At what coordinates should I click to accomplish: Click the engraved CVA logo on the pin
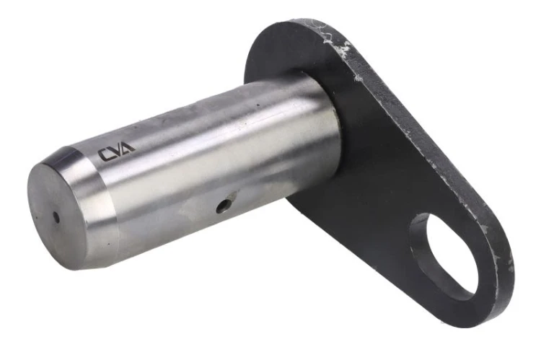click(117, 152)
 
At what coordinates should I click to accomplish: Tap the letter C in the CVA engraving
click(105, 155)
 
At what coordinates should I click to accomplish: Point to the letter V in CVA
click(117, 151)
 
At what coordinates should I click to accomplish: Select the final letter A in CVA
click(128, 147)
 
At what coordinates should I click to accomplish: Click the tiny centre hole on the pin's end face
click(56, 217)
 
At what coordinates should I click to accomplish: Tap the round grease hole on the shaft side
click(223, 206)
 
